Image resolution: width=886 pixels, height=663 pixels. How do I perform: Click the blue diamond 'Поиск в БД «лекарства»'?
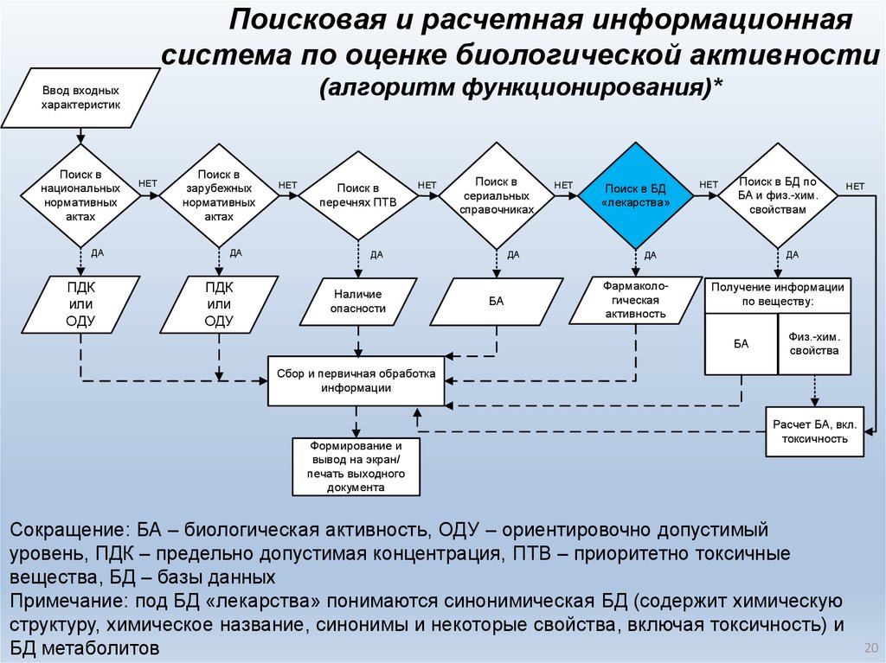pyautogui.click(x=636, y=194)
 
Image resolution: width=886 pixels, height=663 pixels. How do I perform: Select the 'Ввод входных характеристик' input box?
pyautogui.click(x=80, y=98)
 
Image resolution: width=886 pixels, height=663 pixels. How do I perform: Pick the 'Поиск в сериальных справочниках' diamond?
pyautogui.click(x=496, y=194)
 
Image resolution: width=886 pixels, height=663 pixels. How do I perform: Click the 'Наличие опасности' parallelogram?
pyautogui.click(x=358, y=301)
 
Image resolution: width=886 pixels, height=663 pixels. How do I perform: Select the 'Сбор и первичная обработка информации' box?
pyautogui.click(x=356, y=381)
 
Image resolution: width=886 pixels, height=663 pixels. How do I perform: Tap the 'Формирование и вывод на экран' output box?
pyautogui.click(x=356, y=467)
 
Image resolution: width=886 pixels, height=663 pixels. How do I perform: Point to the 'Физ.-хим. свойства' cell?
pyautogui.click(x=814, y=343)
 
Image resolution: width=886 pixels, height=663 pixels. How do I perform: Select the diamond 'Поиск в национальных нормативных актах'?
pyautogui.click(x=80, y=194)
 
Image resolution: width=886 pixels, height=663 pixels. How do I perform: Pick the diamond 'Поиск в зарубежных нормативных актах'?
pyautogui.click(x=219, y=194)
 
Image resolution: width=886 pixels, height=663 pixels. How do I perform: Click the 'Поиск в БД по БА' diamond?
pyautogui.click(x=778, y=194)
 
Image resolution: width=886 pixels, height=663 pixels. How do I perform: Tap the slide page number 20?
pyautogui.click(x=870, y=648)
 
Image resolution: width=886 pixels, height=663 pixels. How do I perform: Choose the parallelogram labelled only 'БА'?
pyautogui.click(x=496, y=301)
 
